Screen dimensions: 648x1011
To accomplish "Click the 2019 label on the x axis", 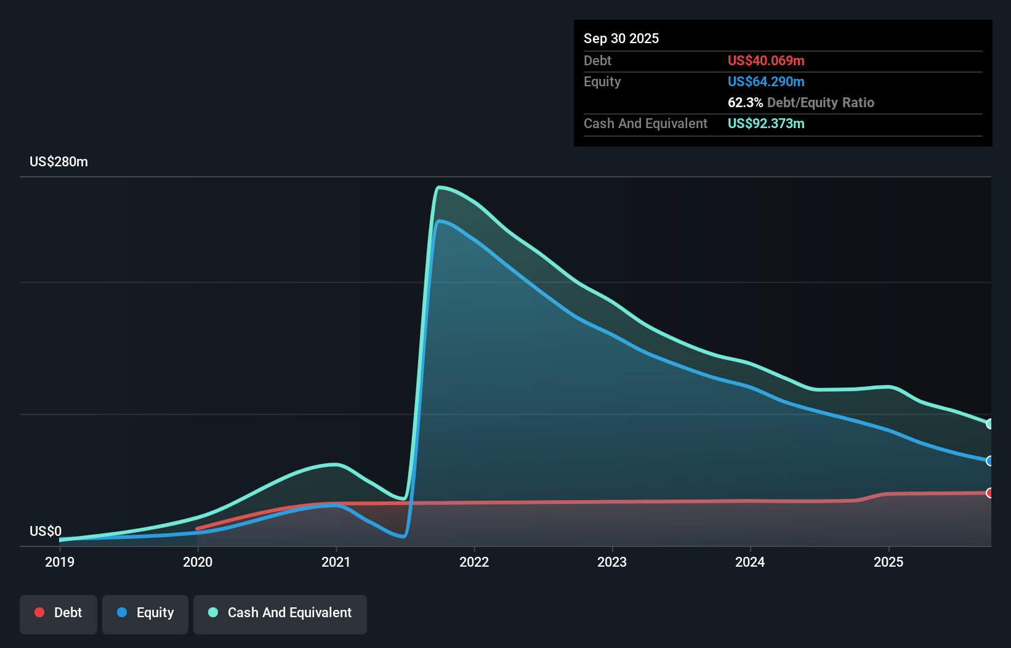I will [x=60, y=562].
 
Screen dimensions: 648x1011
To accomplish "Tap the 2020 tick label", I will [x=198, y=562].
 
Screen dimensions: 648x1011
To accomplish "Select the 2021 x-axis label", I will [x=336, y=562].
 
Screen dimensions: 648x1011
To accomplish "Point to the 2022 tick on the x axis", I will [x=474, y=562].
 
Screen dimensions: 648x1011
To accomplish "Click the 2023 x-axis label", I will [x=612, y=562].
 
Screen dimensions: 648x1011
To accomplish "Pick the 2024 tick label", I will [x=750, y=562].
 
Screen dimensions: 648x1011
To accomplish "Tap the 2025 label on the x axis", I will [x=888, y=562].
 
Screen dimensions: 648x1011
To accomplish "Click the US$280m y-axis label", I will [x=58, y=162].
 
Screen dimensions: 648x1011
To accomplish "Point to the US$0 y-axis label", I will [x=46, y=531].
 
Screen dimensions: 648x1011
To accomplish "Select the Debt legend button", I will [x=58, y=613].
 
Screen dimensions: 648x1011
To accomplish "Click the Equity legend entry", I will [x=145, y=613].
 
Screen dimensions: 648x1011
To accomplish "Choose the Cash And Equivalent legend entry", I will [x=280, y=613].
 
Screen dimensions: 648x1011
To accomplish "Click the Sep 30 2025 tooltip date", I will [x=621, y=38].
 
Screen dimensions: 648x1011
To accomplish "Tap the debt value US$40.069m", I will [x=765, y=60].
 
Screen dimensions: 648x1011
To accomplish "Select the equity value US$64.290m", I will [x=765, y=81].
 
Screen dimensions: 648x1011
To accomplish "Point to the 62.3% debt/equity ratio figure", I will [x=745, y=102].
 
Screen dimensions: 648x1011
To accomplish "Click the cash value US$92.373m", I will [x=765, y=123].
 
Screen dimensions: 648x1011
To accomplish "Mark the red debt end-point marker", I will [x=989, y=493].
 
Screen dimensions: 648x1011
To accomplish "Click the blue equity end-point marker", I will [x=989, y=461].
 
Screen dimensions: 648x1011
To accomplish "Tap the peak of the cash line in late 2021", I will [x=438, y=187].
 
